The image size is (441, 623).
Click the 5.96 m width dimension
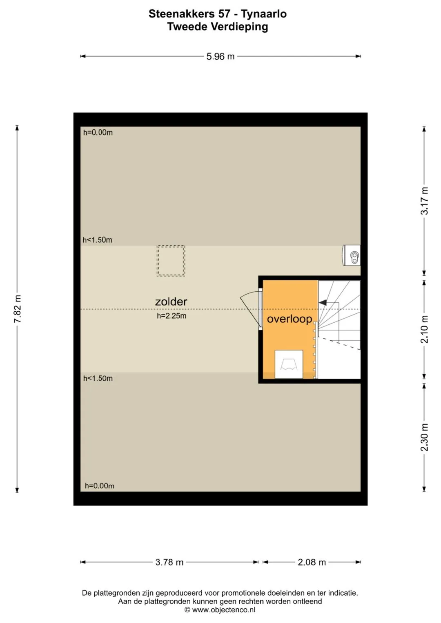[220, 56]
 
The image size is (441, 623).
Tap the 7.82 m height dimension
[17, 309]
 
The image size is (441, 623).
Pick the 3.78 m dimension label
[169, 562]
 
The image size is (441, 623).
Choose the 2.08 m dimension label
[312, 562]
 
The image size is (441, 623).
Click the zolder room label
[171, 302]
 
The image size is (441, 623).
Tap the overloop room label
[289, 319]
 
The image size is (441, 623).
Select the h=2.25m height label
[171, 316]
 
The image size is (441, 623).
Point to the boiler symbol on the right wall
[351, 255]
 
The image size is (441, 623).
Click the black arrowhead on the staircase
[323, 302]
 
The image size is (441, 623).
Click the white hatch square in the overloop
[289, 364]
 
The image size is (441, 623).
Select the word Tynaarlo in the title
[264, 14]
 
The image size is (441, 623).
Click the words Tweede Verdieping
[217, 27]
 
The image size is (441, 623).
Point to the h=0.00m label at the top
[98, 132]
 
